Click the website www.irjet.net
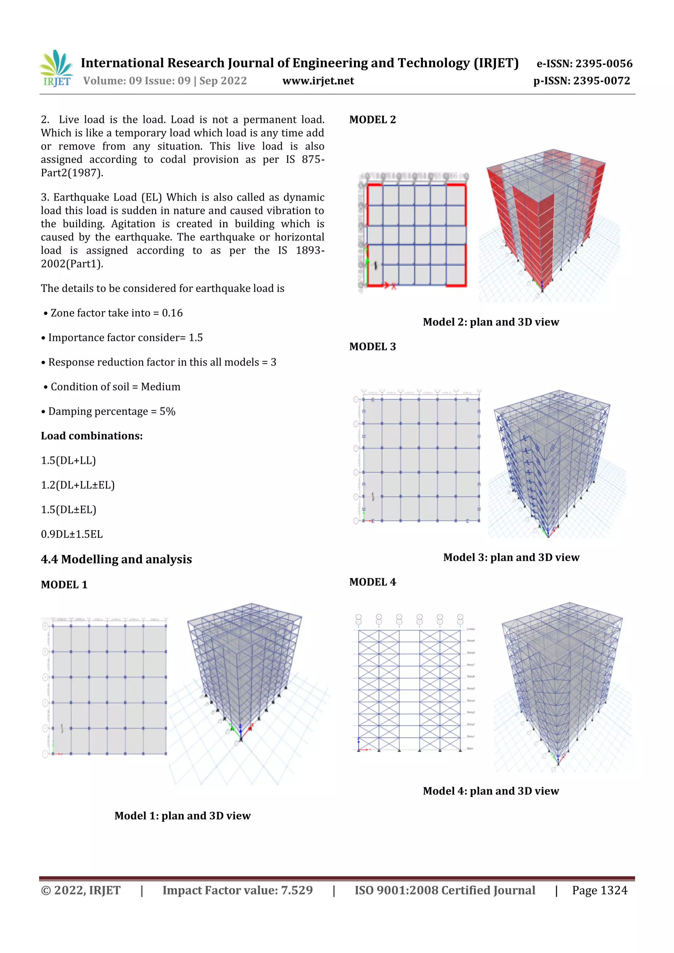pyautogui.click(x=318, y=81)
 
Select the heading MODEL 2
pyautogui.click(x=373, y=120)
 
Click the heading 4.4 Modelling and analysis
pyautogui.click(x=116, y=560)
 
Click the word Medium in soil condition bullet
pyautogui.click(x=160, y=387)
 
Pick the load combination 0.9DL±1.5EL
pyautogui.click(x=71, y=534)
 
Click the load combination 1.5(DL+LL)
pyautogui.click(x=68, y=461)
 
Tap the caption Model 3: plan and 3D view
pyautogui.click(x=511, y=558)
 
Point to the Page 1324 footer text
pyautogui.click(x=599, y=890)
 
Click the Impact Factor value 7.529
pyautogui.click(x=297, y=890)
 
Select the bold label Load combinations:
pyautogui.click(x=91, y=436)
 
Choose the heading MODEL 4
pyautogui.click(x=373, y=582)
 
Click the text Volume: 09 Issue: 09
pyautogui.click(x=137, y=81)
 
